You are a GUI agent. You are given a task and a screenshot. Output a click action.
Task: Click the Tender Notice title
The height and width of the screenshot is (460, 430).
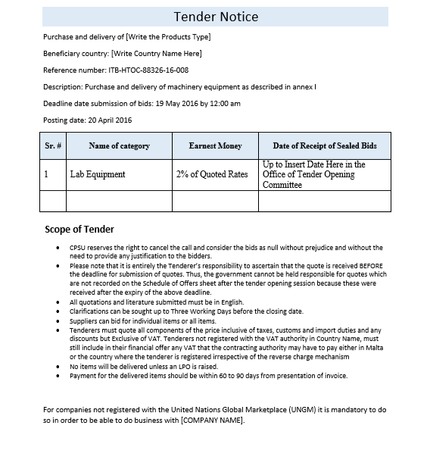click(216, 17)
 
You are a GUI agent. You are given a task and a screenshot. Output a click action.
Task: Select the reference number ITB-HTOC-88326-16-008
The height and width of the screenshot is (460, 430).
click(148, 70)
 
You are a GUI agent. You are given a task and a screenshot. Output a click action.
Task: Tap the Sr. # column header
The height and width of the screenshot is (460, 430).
click(53, 146)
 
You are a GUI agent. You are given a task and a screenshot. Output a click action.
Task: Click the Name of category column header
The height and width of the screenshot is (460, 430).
click(119, 146)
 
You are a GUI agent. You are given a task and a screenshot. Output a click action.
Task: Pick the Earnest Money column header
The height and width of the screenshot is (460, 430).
click(215, 146)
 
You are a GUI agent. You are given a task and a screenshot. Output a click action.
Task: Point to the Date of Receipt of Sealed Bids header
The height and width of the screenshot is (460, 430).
click(325, 146)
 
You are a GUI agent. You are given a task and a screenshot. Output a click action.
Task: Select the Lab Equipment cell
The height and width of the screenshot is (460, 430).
click(98, 174)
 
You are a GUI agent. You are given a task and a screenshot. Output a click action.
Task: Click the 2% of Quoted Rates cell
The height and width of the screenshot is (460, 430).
click(212, 174)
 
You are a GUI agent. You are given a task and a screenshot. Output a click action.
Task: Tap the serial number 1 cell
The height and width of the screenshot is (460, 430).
click(46, 174)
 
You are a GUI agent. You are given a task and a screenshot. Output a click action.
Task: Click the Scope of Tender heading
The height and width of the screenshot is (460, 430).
click(79, 230)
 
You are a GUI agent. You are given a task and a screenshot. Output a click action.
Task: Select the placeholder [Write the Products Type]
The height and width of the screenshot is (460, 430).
click(169, 36)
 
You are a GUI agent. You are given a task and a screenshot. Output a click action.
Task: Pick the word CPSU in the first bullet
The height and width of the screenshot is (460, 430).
click(77, 248)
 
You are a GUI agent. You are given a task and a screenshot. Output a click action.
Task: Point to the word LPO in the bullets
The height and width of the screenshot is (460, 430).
click(179, 366)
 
